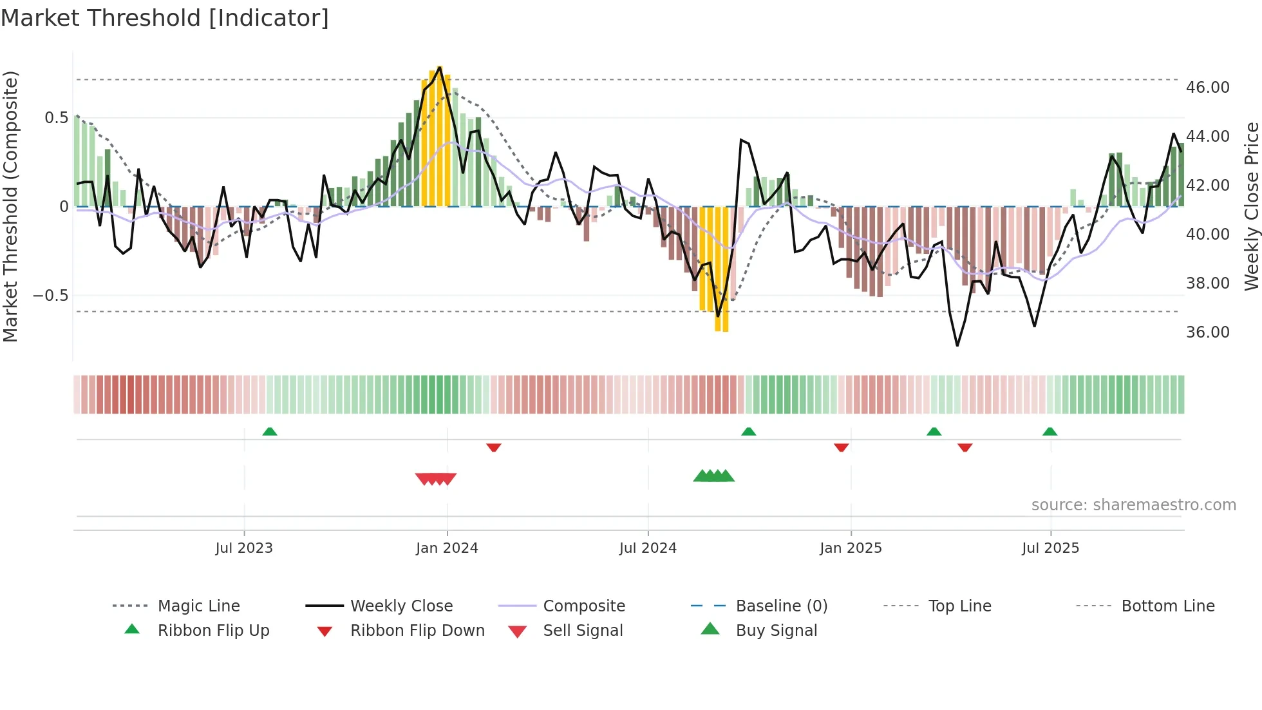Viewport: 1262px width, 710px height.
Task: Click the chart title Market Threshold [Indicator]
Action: pos(165,18)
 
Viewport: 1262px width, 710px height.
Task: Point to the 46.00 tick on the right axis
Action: pos(1207,87)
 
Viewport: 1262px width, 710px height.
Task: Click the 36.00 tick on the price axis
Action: pos(1207,332)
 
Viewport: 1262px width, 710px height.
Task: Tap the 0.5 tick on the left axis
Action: pos(56,117)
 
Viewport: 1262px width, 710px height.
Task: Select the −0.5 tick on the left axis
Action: pos(51,295)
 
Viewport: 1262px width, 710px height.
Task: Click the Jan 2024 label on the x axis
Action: pos(447,548)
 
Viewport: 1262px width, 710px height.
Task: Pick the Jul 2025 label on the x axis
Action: pos(1050,548)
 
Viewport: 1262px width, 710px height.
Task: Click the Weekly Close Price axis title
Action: pos(1251,206)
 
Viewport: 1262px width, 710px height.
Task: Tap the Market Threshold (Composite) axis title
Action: pos(10,206)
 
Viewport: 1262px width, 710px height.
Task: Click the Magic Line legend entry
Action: pos(198,606)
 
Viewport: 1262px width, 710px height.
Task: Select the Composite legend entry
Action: pos(583,606)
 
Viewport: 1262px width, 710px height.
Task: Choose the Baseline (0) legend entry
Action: pos(781,606)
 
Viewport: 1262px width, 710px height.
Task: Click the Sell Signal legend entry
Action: pos(582,630)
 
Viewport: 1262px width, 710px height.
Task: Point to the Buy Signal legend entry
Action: pos(776,630)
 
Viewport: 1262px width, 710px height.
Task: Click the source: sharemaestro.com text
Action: pos(1133,504)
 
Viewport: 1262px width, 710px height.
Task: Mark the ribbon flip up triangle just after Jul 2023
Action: pos(270,432)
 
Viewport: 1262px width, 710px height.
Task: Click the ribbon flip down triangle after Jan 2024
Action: pos(494,447)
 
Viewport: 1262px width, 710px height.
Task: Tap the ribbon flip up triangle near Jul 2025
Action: pos(1050,432)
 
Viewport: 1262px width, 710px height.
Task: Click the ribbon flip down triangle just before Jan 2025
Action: pos(841,447)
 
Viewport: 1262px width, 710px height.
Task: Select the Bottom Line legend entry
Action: pos(1167,606)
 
